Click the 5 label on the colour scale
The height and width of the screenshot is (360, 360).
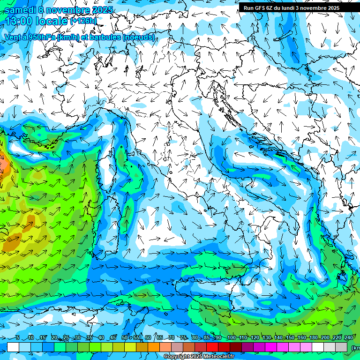click(x=18, y=338)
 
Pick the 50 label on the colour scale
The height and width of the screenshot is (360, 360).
click(x=124, y=338)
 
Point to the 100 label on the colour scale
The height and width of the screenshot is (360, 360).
click(x=231, y=338)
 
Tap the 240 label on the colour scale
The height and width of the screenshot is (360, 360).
click(x=349, y=338)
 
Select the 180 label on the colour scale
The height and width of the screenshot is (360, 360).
click(x=313, y=338)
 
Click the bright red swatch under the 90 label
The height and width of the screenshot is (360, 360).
click(x=212, y=347)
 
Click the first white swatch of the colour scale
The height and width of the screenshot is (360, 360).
click(x=13, y=347)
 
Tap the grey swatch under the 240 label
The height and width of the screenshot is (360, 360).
click(x=341, y=347)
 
